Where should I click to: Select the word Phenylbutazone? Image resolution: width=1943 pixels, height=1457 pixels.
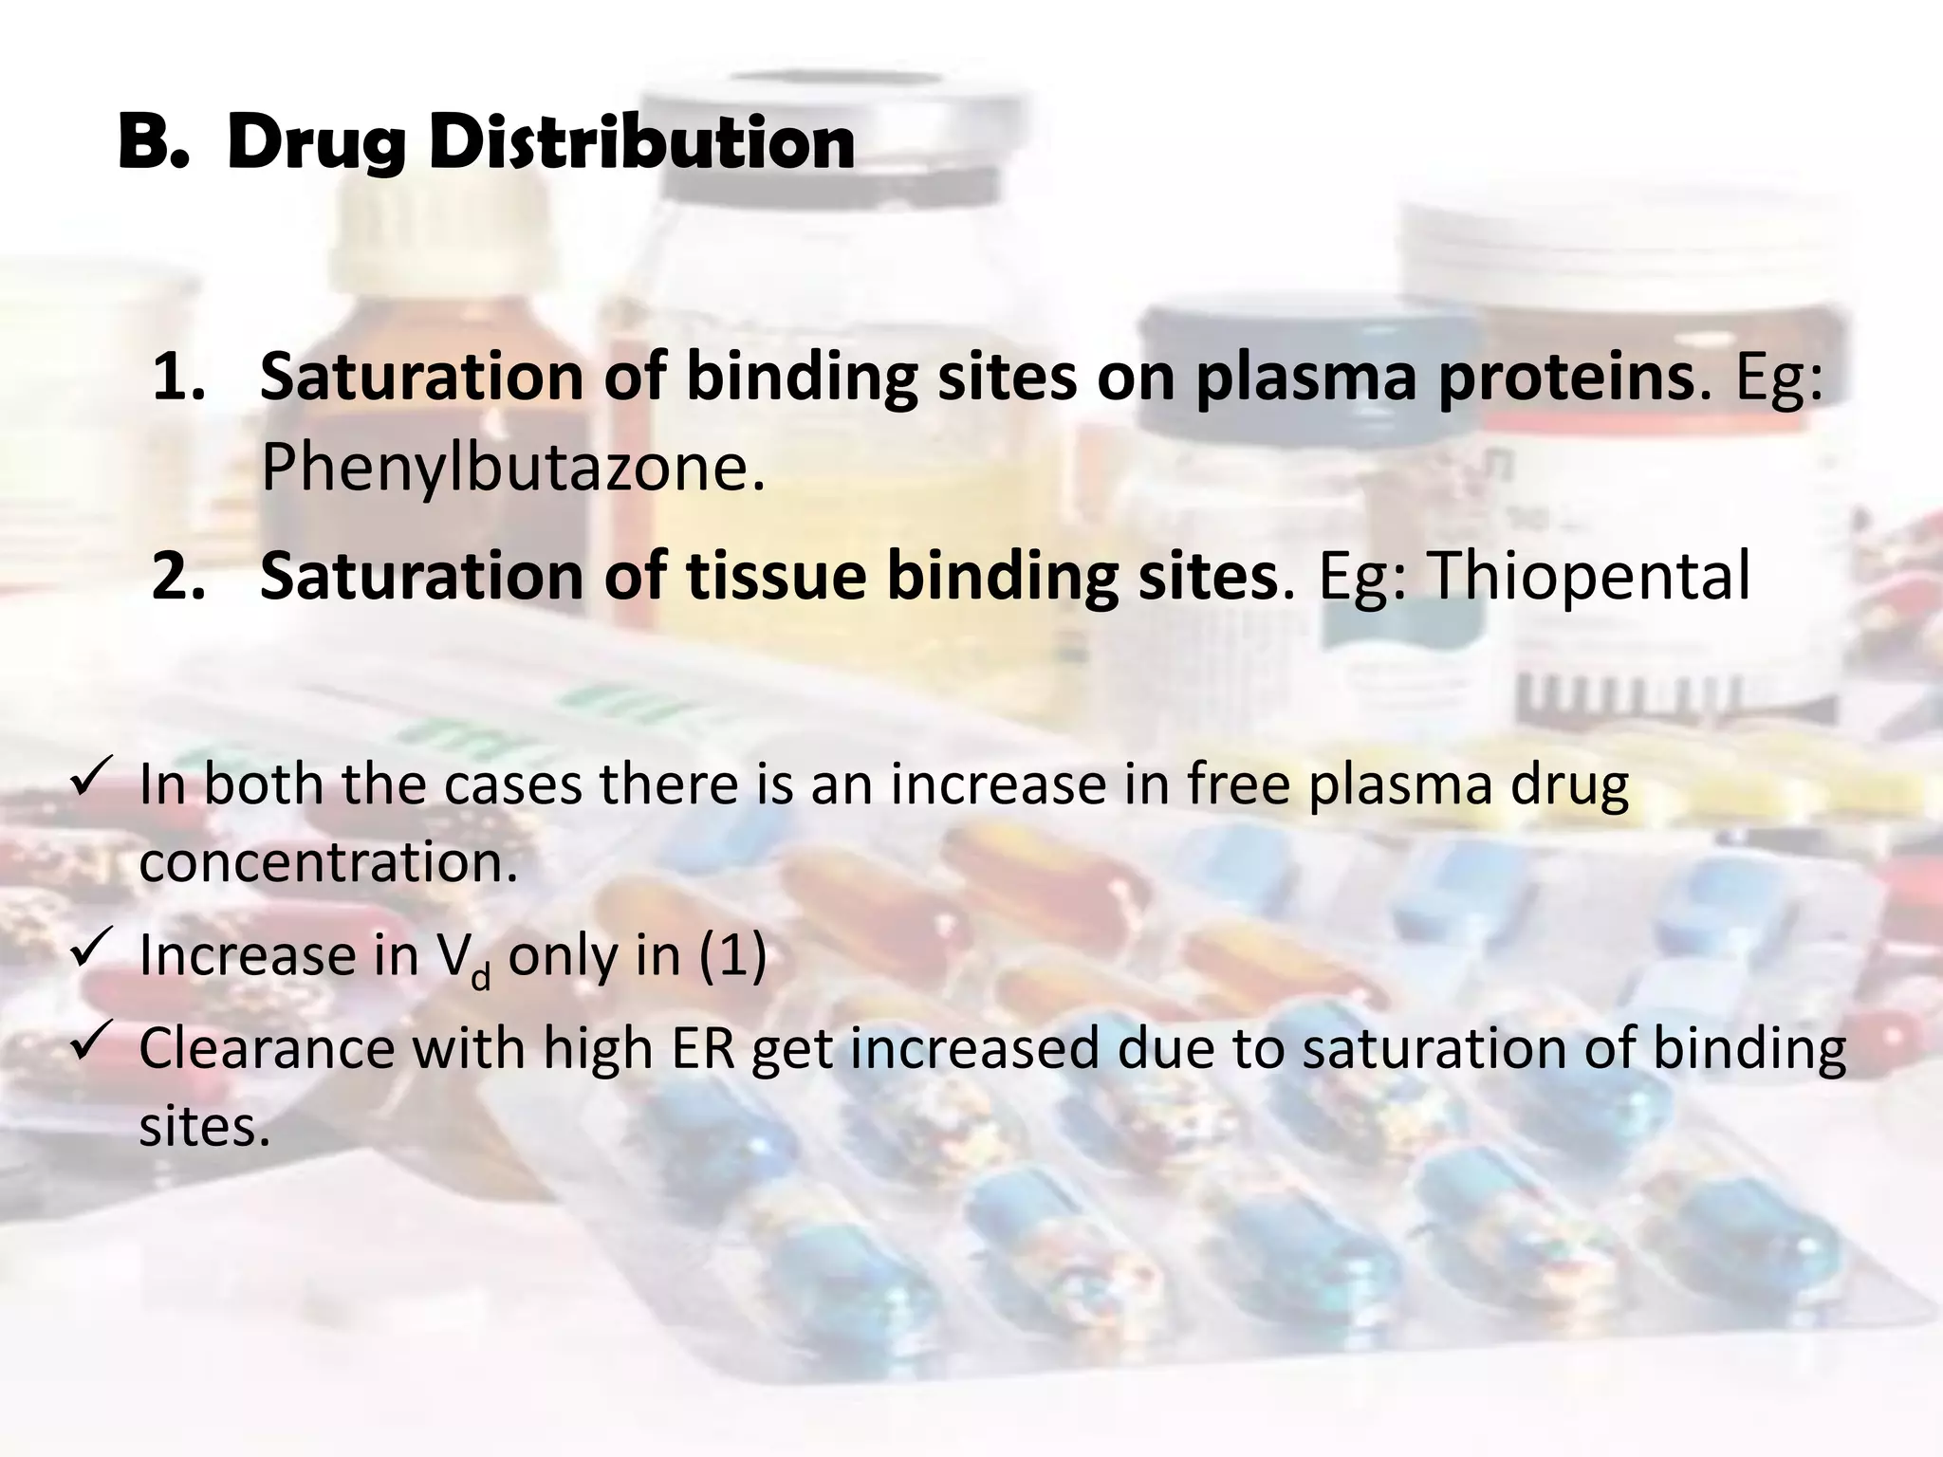[x=512, y=468]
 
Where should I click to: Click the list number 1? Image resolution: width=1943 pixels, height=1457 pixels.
[x=178, y=378]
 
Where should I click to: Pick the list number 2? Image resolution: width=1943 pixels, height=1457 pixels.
[x=178, y=576]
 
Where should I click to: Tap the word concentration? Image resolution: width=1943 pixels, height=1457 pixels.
[x=328, y=862]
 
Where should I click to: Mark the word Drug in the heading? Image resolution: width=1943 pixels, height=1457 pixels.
[x=318, y=142]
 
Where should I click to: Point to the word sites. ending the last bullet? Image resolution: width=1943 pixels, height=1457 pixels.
[x=205, y=1127]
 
